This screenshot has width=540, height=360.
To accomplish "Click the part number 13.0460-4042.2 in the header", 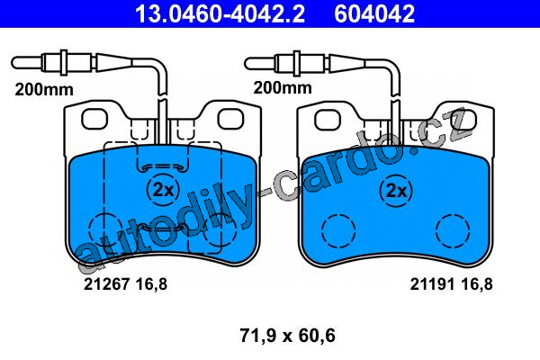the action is click(x=220, y=13).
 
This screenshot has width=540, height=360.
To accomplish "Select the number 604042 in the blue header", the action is click(x=374, y=13).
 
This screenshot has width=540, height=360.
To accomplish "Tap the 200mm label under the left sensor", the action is click(x=44, y=90).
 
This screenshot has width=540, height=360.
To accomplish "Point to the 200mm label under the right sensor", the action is click(x=283, y=87).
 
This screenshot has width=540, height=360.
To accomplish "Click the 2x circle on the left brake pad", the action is click(x=163, y=190).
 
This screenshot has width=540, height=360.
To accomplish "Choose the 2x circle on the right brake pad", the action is click(x=396, y=191).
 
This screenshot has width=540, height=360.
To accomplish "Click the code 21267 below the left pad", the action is click(x=107, y=284).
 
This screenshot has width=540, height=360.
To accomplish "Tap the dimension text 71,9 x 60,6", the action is click(x=287, y=336).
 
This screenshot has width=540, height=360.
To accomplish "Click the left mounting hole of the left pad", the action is click(x=94, y=119).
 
